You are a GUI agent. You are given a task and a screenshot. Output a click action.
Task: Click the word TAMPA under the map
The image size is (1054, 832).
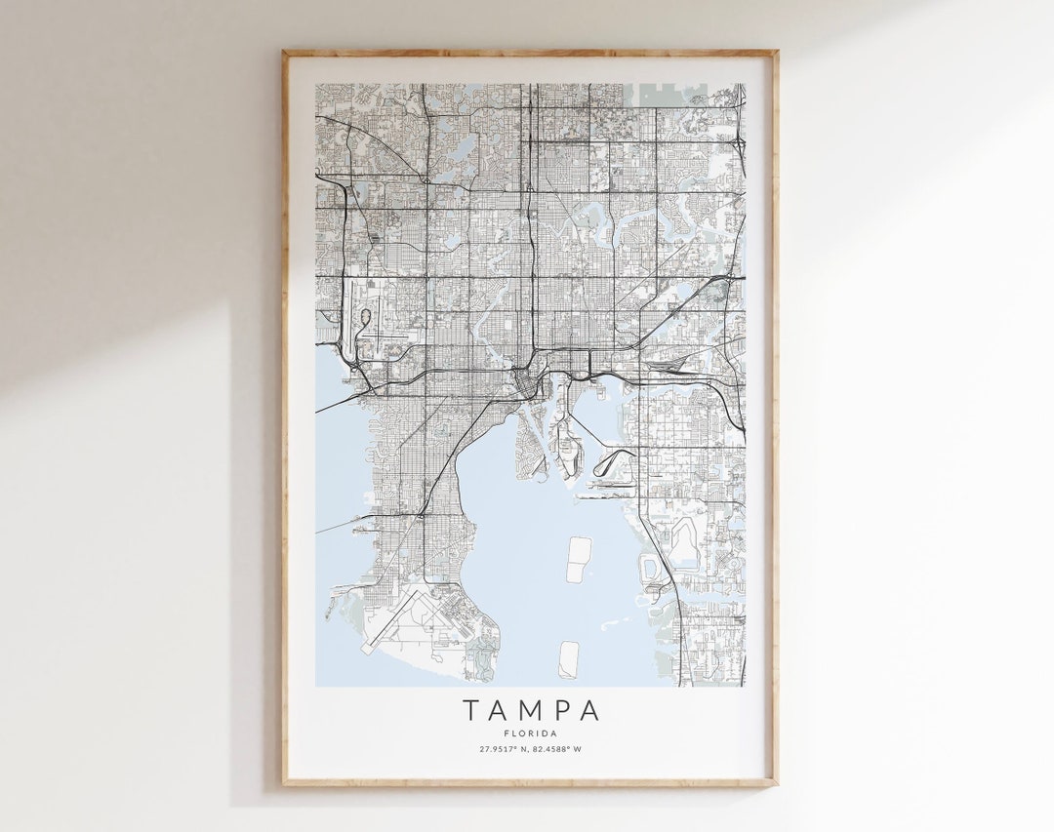531,710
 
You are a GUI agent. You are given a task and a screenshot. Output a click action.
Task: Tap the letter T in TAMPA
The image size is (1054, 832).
471,710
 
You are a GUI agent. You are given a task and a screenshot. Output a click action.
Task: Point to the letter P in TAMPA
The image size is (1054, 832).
561,710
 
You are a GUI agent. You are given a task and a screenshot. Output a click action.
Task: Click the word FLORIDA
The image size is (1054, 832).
531,733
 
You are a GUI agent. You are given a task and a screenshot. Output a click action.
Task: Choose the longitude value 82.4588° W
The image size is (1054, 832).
557,749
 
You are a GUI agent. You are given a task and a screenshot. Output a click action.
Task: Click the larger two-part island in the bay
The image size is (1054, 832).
579,559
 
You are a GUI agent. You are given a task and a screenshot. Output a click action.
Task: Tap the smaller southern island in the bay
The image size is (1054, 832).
569,659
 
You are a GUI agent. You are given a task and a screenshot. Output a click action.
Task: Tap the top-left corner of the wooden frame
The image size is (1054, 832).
284,53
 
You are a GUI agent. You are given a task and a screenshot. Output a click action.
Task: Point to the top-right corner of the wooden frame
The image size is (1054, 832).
776,53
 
